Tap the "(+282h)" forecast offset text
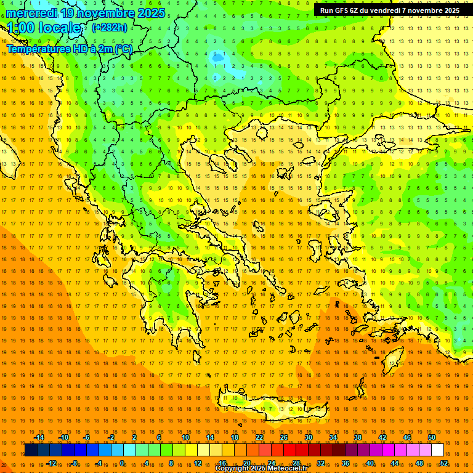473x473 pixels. coord(110,28)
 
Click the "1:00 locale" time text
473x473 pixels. coord(44,28)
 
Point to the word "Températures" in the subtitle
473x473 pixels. coord(37,49)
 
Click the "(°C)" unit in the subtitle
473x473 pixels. coord(123,49)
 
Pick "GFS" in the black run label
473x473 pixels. coord(345,10)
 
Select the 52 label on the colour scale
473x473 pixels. coord(444,463)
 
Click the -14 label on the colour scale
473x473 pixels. coord(39,437)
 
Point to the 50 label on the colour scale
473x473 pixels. coord(432,437)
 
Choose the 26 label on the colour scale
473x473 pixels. coord(284,437)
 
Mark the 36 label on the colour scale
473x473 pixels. coord(346,463)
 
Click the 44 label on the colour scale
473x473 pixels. coord(395,463)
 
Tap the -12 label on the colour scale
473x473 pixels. coord(51,463)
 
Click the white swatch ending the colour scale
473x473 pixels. coord(437,450)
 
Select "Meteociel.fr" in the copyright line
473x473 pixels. coord(288,469)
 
